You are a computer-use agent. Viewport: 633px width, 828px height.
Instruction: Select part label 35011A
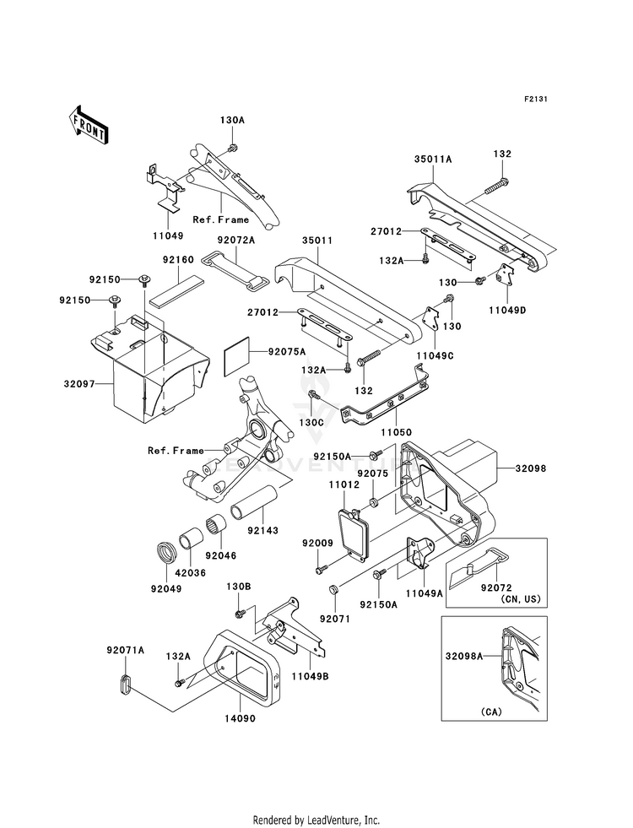point(433,159)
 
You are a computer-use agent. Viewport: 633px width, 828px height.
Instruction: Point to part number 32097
point(79,384)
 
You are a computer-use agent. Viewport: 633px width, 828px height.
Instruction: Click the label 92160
point(178,260)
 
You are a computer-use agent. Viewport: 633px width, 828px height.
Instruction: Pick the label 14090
point(240,718)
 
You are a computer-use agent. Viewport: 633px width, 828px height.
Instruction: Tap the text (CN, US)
point(520,599)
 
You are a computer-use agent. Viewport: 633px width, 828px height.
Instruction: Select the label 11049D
point(507,310)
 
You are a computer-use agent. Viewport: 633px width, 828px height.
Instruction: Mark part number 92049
point(166,589)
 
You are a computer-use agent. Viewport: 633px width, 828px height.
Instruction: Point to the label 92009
point(318,543)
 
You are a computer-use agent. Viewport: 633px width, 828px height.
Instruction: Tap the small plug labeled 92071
point(333,589)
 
